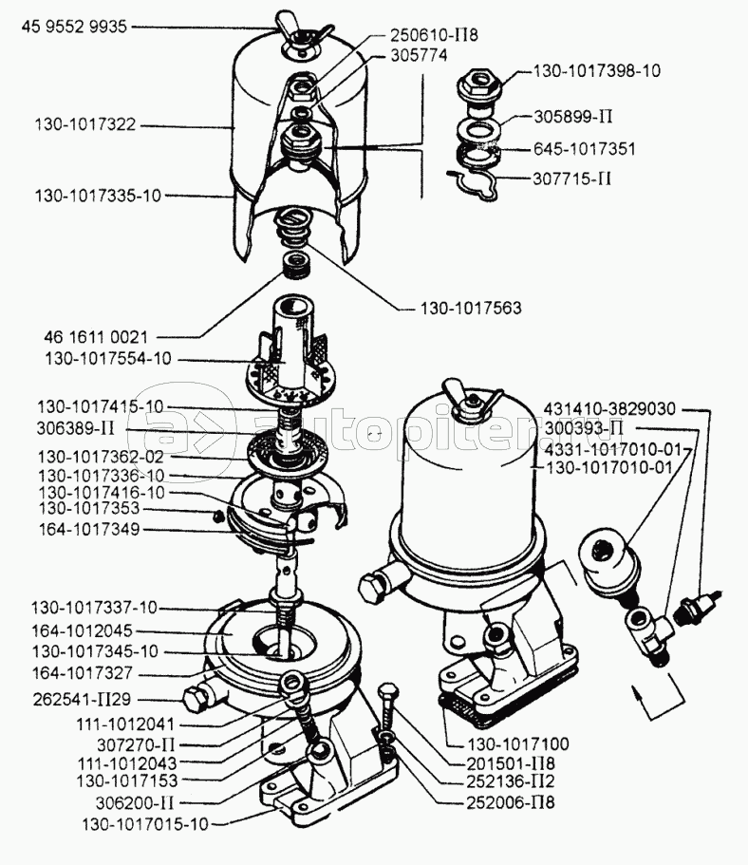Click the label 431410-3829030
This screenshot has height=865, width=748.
(610, 408)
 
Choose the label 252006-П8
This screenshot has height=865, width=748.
(514, 802)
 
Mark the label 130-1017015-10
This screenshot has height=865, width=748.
(144, 823)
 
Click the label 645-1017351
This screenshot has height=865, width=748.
(585, 149)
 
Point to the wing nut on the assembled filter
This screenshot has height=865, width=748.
(469, 399)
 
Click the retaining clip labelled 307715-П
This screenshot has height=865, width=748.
(474, 184)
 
